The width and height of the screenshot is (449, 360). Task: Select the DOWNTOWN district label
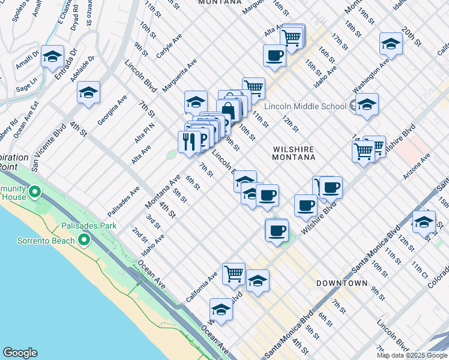point(343,283)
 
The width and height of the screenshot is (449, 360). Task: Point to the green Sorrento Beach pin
point(84,241)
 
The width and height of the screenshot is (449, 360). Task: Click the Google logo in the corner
point(20,353)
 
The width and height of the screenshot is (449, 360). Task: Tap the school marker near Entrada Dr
point(52,56)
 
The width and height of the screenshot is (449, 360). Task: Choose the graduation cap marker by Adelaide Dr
point(88,92)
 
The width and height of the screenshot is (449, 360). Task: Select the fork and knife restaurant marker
point(189,141)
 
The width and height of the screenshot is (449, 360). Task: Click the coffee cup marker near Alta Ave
point(274,55)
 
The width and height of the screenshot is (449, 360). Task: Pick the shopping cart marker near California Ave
point(234,273)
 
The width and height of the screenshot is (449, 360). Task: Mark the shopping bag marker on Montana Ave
point(228,110)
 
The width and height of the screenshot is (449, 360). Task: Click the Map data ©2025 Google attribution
point(411,355)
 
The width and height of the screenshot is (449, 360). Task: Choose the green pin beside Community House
point(35,193)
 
